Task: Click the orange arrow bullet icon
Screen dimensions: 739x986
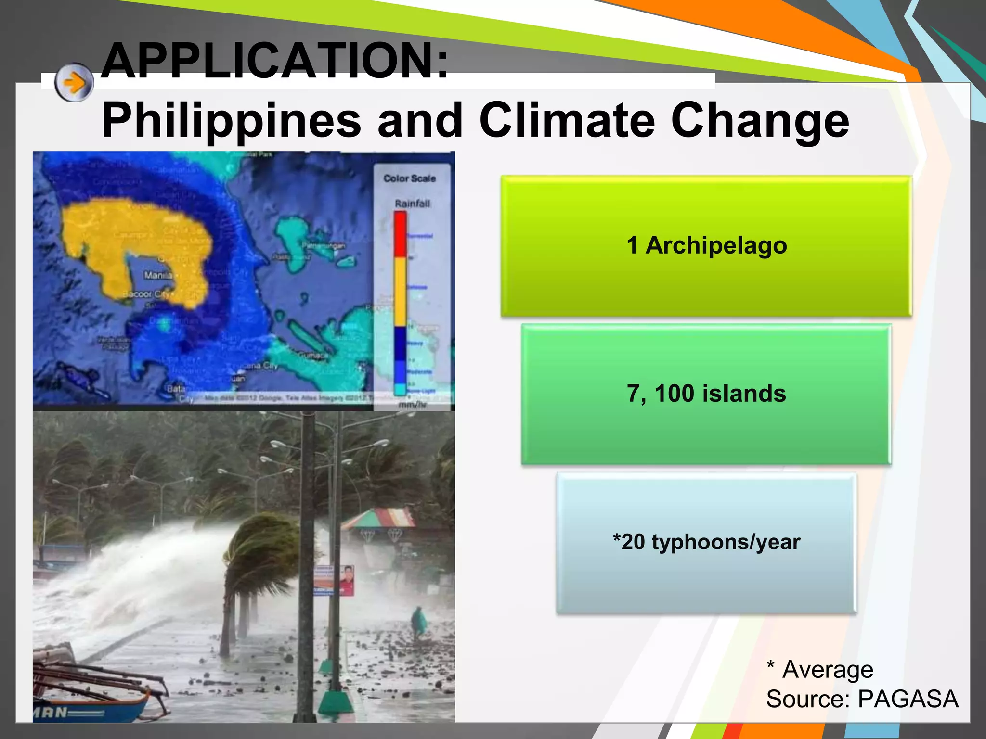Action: [74, 83]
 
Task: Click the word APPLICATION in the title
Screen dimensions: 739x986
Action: [275, 61]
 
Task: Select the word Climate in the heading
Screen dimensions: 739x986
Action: [567, 120]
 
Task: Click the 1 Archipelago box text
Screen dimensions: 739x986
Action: [706, 245]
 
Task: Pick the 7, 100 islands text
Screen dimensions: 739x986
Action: [706, 394]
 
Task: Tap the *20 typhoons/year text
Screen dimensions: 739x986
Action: [706, 542]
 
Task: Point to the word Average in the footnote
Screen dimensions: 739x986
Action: [828, 670]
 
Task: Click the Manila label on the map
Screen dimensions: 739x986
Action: [158, 275]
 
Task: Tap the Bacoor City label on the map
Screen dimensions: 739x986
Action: [145, 294]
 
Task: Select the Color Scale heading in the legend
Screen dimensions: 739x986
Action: [409, 178]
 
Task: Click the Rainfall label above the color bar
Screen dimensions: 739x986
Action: [412, 204]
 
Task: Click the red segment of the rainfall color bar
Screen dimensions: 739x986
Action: [400, 234]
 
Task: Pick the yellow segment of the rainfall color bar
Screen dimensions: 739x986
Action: [400, 291]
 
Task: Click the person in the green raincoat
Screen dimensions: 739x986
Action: [418, 623]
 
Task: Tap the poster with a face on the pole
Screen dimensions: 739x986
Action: [347, 580]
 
